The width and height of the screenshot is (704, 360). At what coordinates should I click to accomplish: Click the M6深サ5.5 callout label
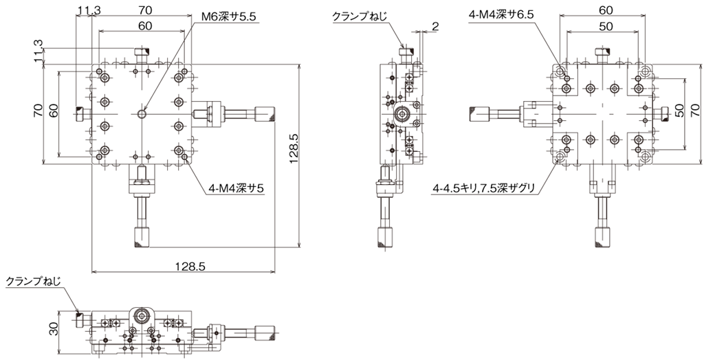228,17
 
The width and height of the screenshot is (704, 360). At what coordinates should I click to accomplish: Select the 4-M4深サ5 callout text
236,188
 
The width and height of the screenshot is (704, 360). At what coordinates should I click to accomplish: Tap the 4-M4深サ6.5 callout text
500,14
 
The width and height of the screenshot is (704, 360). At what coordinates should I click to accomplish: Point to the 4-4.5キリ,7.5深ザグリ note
483,188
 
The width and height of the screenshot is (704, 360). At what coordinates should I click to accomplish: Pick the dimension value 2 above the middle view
435,27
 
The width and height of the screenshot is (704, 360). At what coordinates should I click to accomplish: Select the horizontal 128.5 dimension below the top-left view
190,266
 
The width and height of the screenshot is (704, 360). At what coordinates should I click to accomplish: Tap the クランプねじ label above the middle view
359,16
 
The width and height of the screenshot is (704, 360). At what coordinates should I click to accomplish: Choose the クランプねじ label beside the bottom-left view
33,281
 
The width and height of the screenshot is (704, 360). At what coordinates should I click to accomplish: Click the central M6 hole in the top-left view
142,114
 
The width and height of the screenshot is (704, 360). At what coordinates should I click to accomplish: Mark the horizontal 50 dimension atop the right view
606,27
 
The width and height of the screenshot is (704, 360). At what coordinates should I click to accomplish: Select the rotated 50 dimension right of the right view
679,110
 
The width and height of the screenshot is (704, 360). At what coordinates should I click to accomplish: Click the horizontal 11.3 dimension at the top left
89,10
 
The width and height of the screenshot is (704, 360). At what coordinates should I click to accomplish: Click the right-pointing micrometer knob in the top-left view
265,114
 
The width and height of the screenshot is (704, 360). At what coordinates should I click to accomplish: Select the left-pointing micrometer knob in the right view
478,114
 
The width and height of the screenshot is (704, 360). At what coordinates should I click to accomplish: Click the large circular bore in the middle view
401,114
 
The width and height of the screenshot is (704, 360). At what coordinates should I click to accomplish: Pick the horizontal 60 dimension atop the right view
606,10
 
